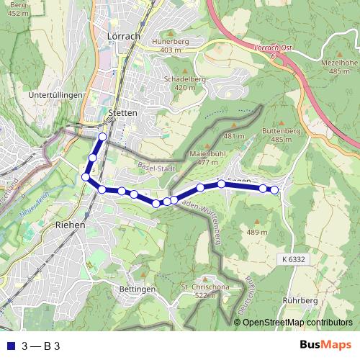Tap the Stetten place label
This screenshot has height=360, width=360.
click(x=121, y=113)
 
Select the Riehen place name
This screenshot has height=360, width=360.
click(x=70, y=225)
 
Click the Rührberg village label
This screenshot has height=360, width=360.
click(x=300, y=300)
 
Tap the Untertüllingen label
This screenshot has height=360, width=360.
click(x=54, y=94)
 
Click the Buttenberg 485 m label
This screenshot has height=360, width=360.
click(x=281, y=135)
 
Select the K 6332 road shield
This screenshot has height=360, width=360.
click(x=294, y=259)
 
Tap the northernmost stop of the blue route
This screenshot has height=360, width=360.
click(x=102, y=136)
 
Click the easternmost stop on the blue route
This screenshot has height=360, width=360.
click(x=274, y=189)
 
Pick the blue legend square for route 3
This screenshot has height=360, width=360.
click(x=9, y=346)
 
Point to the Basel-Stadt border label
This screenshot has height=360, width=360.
click(x=156, y=168)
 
